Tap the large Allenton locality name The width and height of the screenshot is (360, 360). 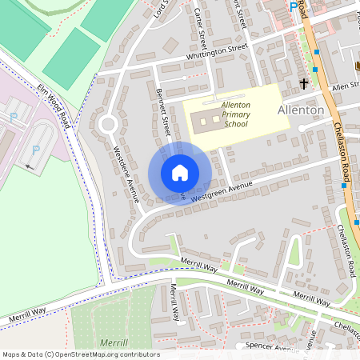tap(301, 110)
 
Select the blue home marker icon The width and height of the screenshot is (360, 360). tap(180, 173)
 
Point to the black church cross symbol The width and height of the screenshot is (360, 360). tap(304, 82)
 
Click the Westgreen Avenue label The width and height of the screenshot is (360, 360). tap(222, 190)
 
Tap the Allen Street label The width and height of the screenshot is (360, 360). tap(345, 86)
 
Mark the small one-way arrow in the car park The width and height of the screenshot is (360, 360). tap(30, 167)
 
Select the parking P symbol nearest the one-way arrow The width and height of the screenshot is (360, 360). tap(34, 150)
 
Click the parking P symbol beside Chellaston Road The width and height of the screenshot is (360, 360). tap(293, 6)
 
